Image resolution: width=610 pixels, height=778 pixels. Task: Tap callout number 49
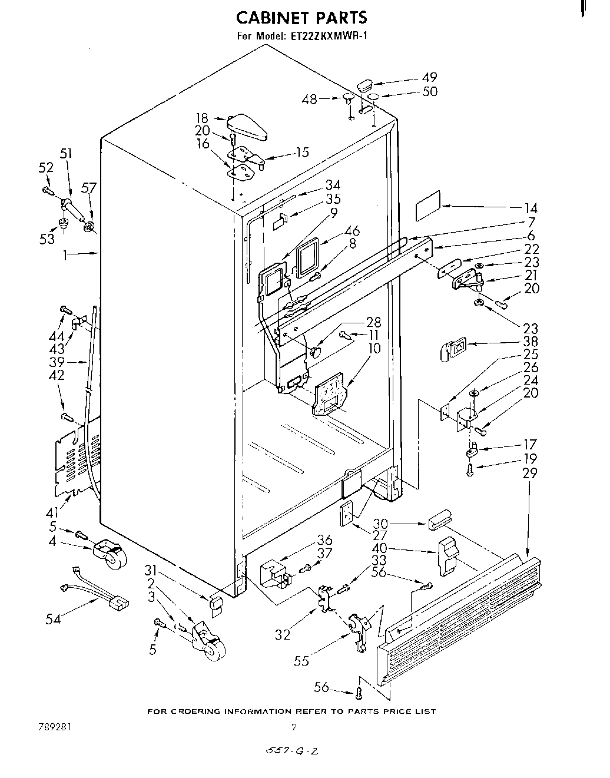point(430,78)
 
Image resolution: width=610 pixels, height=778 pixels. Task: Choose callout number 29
point(529,472)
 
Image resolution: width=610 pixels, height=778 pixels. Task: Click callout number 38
point(531,342)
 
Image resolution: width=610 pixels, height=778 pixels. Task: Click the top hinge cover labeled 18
point(247,125)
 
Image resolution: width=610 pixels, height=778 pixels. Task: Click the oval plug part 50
point(372,96)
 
